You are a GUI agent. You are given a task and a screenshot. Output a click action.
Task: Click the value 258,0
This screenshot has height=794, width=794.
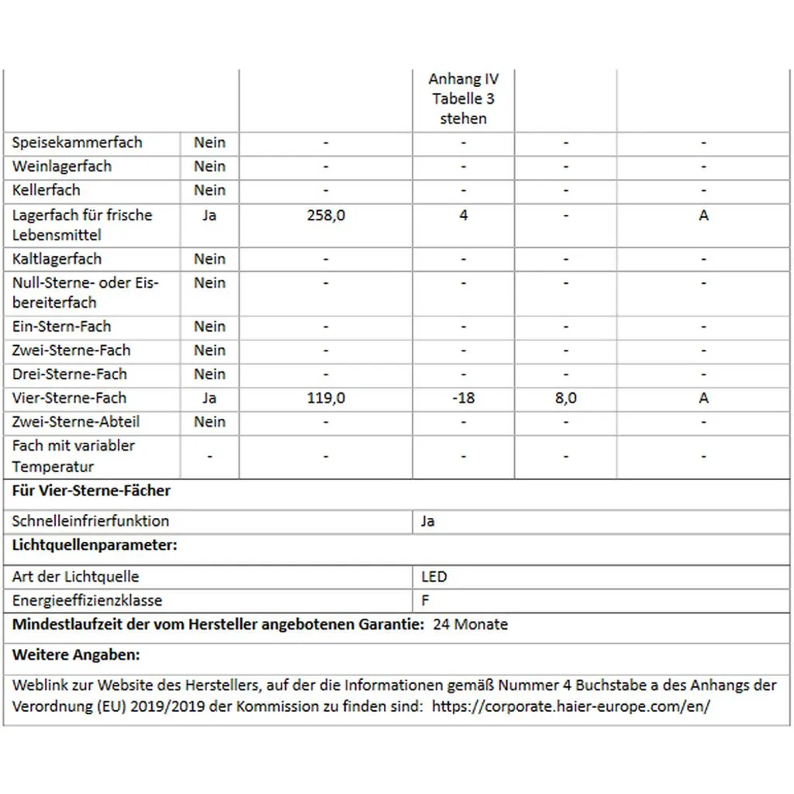click(326, 216)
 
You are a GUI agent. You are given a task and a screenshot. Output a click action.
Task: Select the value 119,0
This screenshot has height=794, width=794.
click(326, 398)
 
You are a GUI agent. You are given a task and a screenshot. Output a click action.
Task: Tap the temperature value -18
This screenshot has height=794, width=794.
click(463, 398)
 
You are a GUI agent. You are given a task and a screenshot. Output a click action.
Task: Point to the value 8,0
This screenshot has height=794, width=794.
click(565, 398)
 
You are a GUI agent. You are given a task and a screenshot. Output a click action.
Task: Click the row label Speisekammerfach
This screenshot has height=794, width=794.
click(78, 143)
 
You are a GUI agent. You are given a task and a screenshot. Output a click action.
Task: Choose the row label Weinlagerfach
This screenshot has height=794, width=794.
click(62, 167)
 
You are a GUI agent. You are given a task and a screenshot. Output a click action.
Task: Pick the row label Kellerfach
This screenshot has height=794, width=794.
click(47, 190)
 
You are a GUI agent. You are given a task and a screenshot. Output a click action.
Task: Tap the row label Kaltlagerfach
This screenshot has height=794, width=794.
click(57, 259)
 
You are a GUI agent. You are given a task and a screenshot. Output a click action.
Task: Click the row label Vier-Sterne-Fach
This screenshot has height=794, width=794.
click(69, 398)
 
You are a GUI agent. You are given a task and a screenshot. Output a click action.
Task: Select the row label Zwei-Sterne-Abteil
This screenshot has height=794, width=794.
click(76, 422)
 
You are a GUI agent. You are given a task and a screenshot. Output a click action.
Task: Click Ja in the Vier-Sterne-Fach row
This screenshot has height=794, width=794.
click(209, 398)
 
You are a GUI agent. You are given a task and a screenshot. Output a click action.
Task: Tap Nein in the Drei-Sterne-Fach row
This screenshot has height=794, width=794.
click(209, 374)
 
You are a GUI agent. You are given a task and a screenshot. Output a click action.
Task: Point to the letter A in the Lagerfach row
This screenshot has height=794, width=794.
click(703, 216)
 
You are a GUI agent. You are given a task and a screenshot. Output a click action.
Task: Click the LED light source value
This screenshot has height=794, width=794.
click(434, 577)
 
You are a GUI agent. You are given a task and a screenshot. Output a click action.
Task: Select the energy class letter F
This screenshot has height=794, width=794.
click(426, 600)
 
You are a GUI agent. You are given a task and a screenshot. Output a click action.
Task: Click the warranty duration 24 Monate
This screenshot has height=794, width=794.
click(470, 624)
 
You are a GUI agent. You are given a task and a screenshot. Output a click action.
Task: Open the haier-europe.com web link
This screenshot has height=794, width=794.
click(571, 706)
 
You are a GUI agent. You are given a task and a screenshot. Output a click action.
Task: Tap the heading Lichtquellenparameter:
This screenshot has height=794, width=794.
click(95, 545)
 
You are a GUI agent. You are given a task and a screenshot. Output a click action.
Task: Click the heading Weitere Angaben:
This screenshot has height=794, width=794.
click(76, 655)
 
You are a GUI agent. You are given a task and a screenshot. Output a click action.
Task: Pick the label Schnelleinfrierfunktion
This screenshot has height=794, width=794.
click(91, 521)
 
